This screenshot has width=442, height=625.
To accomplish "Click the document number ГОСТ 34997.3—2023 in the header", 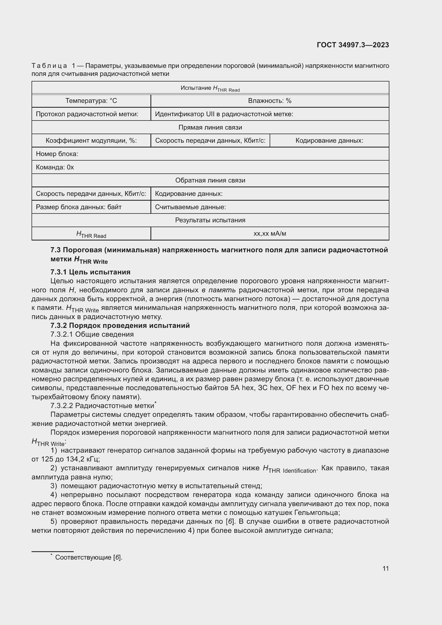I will pos(353,45).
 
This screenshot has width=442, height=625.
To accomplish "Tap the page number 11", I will pos(385,568).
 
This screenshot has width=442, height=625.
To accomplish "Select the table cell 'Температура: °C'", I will pos(91,101).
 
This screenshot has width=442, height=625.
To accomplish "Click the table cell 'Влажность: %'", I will pos(269,101).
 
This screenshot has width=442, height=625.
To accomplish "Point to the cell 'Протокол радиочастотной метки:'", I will pos(87,114).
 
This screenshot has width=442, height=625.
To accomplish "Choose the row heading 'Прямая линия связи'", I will pos(210,127).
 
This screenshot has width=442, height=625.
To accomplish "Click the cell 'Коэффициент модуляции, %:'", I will pos(91,141).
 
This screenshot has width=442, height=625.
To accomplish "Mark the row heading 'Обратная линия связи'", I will pos(210,180).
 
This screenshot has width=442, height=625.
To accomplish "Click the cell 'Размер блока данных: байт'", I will pos(79,207).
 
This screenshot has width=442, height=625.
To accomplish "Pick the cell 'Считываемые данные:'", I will pos(191,207).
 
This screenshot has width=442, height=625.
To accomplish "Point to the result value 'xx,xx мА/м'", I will pos(269,233).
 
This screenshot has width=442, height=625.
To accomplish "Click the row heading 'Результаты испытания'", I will pos(210,220).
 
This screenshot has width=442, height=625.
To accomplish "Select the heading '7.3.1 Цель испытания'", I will pos(90,272).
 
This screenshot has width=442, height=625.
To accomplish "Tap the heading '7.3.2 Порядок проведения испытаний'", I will pos(120,325).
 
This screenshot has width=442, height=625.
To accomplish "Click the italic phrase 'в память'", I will pos(219,290).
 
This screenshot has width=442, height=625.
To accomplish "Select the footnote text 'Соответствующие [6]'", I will pos(88,557).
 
